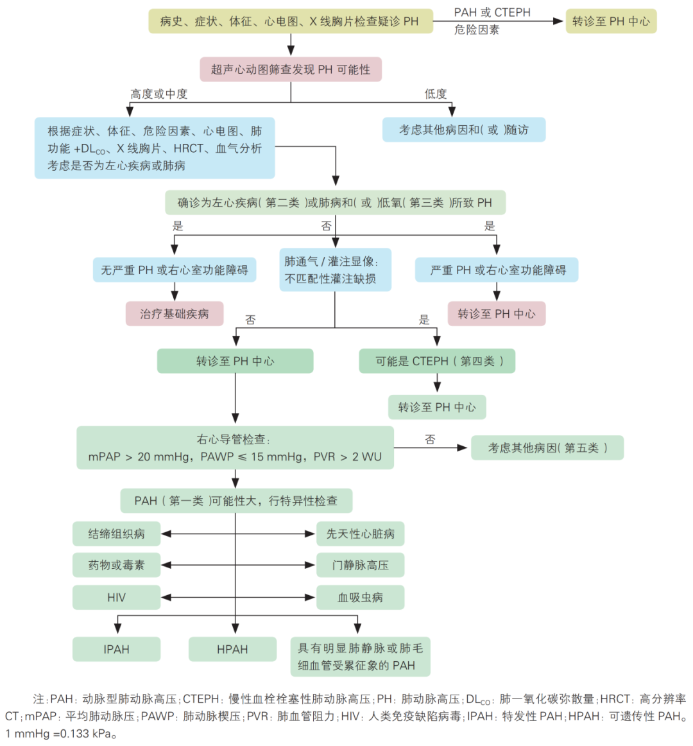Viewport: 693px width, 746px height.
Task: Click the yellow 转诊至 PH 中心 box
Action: [611, 21]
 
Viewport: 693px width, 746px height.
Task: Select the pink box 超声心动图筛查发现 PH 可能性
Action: [291, 69]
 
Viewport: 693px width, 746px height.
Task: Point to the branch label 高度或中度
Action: [159, 94]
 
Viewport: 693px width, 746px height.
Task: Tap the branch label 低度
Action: [436, 94]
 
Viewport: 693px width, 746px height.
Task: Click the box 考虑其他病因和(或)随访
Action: [464, 130]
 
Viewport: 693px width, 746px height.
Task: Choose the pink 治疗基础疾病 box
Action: [175, 313]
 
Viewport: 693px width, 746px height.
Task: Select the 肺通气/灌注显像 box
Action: [336, 270]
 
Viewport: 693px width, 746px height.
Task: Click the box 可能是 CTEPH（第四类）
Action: [437, 361]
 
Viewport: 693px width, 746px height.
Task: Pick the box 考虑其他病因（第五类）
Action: [547, 447]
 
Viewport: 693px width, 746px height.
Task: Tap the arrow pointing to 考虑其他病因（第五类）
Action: [431, 447]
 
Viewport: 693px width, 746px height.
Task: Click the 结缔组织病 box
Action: [117, 533]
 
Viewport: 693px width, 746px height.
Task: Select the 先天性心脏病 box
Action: [361, 533]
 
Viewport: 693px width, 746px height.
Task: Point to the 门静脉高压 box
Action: [361, 565]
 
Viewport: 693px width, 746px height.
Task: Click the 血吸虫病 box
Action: [361, 598]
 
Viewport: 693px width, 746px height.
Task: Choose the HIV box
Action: [117, 598]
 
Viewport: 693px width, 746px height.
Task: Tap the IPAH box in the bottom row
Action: [117, 650]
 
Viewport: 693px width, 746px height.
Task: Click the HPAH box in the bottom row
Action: [232, 650]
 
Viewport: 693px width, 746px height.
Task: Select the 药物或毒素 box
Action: [117, 565]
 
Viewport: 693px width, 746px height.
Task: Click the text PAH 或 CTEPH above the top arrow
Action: [492, 12]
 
